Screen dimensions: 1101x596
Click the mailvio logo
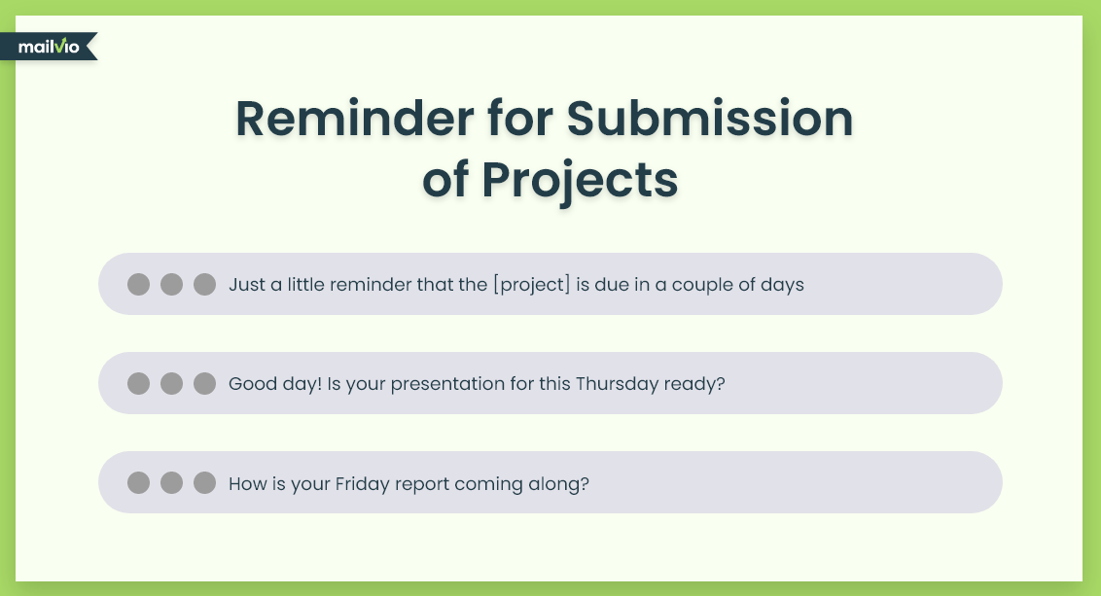click(x=49, y=47)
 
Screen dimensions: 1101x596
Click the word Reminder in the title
click(x=355, y=118)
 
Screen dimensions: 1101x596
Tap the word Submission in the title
click(x=709, y=118)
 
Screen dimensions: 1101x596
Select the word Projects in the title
click(x=580, y=181)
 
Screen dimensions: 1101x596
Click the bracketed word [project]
click(x=532, y=284)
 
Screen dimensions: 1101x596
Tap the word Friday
click(x=363, y=483)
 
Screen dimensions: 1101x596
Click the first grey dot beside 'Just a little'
click(x=138, y=284)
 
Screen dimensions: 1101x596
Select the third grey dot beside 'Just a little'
click(x=204, y=284)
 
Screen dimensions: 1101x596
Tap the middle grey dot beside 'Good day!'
click(x=171, y=383)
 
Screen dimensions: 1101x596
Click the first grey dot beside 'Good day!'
click(x=138, y=383)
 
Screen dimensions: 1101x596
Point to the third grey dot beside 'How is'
click(x=204, y=483)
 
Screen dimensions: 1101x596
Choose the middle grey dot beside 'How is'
click(x=171, y=483)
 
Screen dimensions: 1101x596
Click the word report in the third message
click(x=422, y=484)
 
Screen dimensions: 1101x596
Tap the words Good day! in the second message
click(x=275, y=384)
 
